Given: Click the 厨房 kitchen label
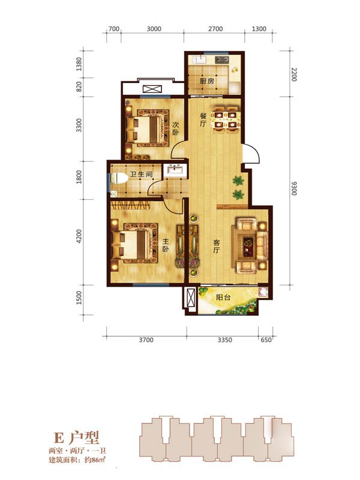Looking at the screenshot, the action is coord(206,81).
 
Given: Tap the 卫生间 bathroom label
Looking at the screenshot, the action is coord(141,175).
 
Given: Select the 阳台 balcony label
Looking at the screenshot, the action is coord(223,297).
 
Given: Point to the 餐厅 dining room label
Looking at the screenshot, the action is coord(203,119).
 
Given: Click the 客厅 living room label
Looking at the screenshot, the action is coord(217,247).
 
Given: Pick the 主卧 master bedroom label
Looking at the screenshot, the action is coord(166,245).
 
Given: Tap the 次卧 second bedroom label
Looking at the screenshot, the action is coord(175,128).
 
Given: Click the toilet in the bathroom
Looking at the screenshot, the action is coord(119,178).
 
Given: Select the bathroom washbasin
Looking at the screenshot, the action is coord(175,169).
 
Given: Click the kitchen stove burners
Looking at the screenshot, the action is coord(221,59).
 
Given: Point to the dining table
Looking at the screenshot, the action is coord(227,119).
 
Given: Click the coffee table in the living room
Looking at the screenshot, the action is coord(248,246).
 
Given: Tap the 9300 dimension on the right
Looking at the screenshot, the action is coord(294,188).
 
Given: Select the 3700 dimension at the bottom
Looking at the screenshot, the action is coord(146,340).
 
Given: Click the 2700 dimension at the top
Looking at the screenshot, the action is coord(215,29).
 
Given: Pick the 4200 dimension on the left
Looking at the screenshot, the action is coord(79,236).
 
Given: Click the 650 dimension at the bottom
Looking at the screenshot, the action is coord(266,340).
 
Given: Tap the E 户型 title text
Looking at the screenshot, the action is coord(76,438).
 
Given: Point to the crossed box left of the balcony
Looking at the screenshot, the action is coord(191,297).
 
